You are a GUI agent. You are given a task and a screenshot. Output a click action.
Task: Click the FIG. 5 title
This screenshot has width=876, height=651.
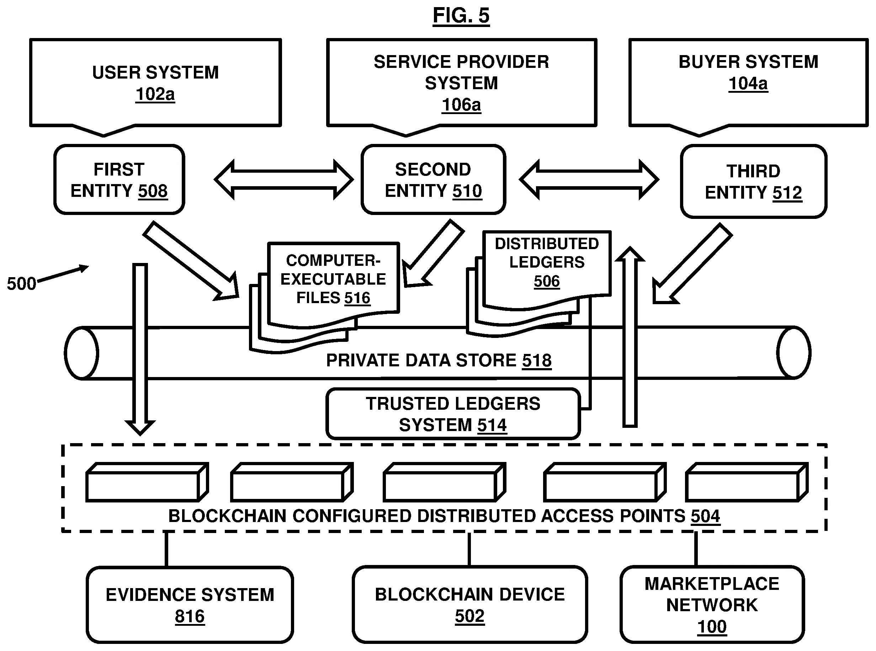pos(461,16)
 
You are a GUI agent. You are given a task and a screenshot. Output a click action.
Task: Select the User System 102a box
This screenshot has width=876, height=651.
pos(155,83)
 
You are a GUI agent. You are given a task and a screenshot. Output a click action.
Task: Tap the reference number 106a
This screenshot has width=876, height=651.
pos(461,105)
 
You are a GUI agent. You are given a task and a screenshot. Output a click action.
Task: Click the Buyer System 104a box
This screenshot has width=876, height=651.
pos(748,83)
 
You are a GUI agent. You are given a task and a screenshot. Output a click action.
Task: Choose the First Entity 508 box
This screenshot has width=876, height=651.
pos(119,180)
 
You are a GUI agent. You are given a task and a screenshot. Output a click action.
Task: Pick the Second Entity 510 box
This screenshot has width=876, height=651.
pos(433,180)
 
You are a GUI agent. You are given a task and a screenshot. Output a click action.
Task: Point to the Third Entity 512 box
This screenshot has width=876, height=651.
pos(753,182)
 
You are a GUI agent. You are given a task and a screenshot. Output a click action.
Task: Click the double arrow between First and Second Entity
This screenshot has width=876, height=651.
pos(283,180)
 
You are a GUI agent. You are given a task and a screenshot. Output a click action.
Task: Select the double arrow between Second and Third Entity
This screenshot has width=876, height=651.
pos(589,180)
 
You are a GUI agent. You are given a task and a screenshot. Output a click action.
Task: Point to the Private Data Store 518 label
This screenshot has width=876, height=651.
pos(439,361)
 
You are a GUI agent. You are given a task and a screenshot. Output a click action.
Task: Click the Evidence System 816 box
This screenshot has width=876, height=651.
pos(190,605)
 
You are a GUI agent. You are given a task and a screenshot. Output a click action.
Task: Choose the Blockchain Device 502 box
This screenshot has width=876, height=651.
pos(469,605)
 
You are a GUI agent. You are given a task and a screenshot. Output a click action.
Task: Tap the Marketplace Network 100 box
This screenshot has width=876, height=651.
pos(712,605)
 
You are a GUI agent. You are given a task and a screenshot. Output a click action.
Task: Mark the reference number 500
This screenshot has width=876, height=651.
pos(21,284)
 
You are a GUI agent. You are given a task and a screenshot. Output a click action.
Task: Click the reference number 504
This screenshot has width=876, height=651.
pos(705,516)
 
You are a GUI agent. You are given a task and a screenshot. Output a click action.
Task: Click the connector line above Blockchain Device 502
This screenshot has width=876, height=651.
pos(469,549)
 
